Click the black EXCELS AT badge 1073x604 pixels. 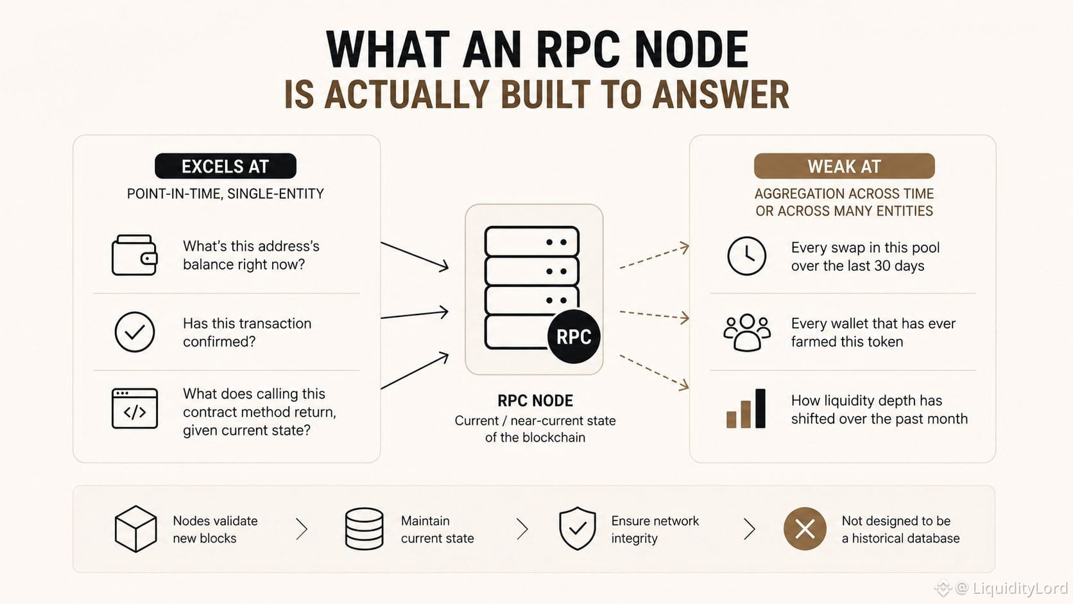pos(225,166)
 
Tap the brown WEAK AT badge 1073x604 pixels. pos(844,166)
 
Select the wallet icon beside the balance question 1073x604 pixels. pos(135,255)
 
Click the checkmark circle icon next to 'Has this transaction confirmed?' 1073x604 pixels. pos(135,332)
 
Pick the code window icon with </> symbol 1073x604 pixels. pos(135,409)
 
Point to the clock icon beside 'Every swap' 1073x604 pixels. pos(747,255)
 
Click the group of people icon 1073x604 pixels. pos(747,332)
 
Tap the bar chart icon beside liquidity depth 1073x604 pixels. pos(746,409)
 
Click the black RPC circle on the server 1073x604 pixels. pos(573,336)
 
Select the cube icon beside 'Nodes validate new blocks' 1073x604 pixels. pos(135,529)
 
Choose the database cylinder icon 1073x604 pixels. pos(364,529)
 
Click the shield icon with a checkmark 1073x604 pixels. pos(578,528)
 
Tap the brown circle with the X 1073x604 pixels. pos(805,529)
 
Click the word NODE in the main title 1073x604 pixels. pos(691,50)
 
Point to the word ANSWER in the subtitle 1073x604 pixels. pos(721,94)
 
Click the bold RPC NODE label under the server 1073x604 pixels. pos(535,401)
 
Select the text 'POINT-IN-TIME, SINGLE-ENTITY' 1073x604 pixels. pos(225,194)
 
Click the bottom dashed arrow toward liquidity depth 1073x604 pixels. pos(655,373)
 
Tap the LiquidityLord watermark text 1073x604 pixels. pos(1011,588)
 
